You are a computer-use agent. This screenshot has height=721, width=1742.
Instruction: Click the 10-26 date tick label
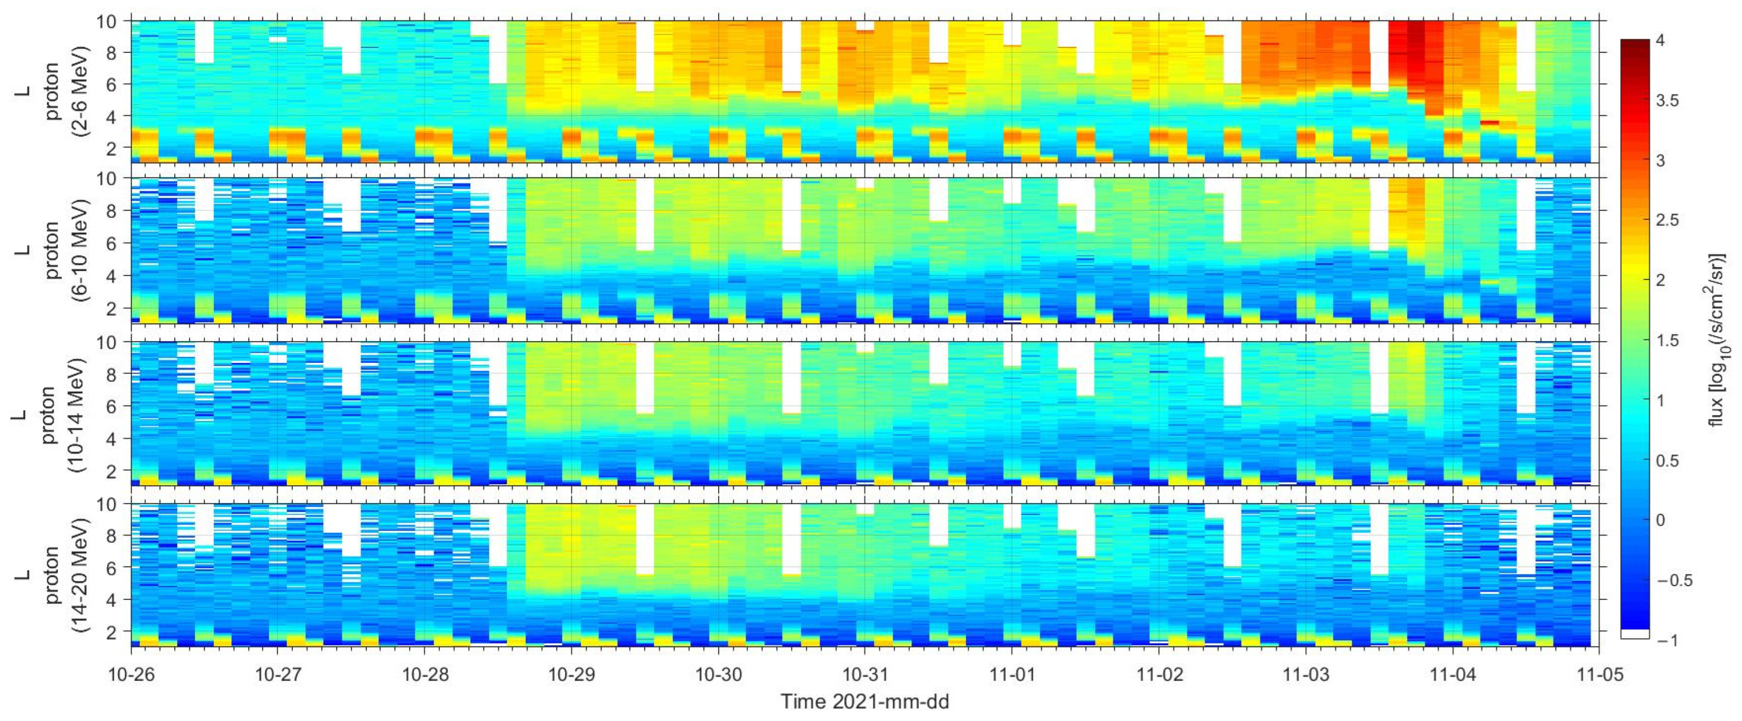(x=131, y=675)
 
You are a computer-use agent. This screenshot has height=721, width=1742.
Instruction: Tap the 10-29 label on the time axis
(x=571, y=675)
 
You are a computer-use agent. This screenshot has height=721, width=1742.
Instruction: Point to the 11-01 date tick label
(x=1012, y=675)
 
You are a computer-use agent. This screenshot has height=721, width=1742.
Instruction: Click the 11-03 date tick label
(x=1305, y=675)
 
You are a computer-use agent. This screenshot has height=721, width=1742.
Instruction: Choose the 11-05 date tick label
(x=1599, y=675)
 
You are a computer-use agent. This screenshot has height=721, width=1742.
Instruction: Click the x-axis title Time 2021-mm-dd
(x=865, y=701)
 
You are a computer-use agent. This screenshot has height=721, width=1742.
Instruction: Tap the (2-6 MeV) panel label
(x=83, y=91)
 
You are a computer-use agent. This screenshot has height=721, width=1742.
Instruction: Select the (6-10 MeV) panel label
(x=83, y=250)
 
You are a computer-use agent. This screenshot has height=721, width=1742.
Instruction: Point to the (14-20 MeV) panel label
(x=83, y=575)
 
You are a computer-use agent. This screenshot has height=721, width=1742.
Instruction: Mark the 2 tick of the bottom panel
(x=116, y=631)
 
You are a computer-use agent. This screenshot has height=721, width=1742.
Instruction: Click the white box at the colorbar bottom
(x=1635, y=634)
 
